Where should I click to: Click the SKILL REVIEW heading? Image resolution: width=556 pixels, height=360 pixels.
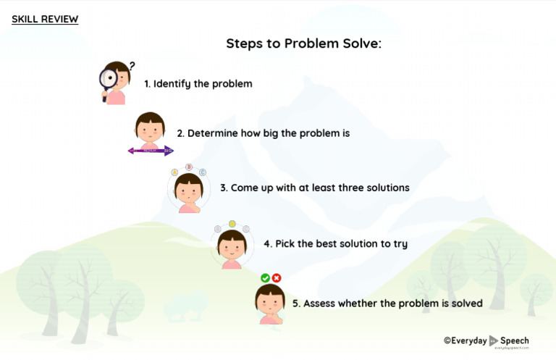[x=45, y=20]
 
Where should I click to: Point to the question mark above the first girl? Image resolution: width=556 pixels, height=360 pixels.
[x=132, y=65]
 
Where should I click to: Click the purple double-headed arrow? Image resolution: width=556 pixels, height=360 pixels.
[x=151, y=151]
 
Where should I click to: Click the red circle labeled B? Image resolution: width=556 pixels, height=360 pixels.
[x=189, y=167]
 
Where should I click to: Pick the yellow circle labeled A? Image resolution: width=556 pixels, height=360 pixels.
[x=174, y=173]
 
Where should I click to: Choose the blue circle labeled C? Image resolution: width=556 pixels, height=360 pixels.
[x=203, y=172]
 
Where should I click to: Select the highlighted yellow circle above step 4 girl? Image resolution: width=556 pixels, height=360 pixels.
[x=232, y=223]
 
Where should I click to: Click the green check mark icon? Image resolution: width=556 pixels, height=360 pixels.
[x=265, y=278]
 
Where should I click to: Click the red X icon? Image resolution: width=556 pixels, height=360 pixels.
[x=277, y=278]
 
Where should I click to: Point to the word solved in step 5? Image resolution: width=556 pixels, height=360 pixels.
[x=466, y=304]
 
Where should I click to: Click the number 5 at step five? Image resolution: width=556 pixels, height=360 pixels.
[x=295, y=304]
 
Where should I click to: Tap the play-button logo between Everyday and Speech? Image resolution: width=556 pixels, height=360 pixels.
[x=494, y=340]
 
